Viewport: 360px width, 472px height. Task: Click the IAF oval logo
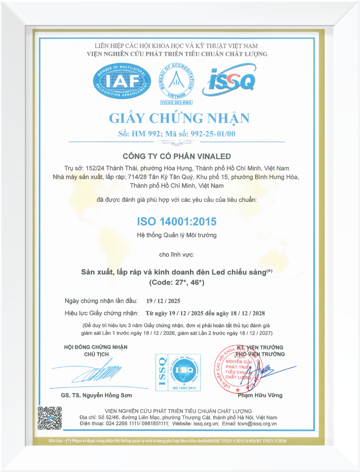coord(122,81)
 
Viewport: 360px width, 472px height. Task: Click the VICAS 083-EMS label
coord(176,103)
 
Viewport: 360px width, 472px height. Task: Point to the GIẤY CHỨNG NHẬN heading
coord(179,118)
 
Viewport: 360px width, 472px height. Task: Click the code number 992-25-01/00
coord(213,134)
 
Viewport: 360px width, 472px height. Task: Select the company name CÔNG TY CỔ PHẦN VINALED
coord(177,156)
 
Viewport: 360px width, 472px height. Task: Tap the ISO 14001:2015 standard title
coord(177,221)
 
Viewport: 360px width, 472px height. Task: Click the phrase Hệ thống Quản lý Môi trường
coord(177,235)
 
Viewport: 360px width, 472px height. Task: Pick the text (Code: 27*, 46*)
coord(177,282)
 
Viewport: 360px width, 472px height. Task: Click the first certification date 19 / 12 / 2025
coord(163,301)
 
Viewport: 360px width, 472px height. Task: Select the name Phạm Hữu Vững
coord(260,395)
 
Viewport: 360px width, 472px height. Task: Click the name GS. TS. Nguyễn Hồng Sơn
coord(96,395)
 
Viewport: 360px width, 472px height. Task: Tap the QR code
coord(50,418)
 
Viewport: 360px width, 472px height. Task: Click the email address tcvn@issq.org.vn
coord(257,424)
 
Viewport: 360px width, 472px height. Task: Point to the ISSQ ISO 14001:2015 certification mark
coord(178,372)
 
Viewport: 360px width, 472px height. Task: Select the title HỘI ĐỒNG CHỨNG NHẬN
coord(96,347)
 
